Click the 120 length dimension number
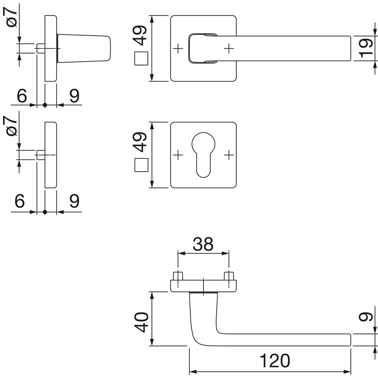pos(274,361)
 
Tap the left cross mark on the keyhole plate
pos(178,155)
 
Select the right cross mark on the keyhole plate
pos(229,155)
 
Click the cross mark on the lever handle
pos(229,48)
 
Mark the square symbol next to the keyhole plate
pos(142,165)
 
